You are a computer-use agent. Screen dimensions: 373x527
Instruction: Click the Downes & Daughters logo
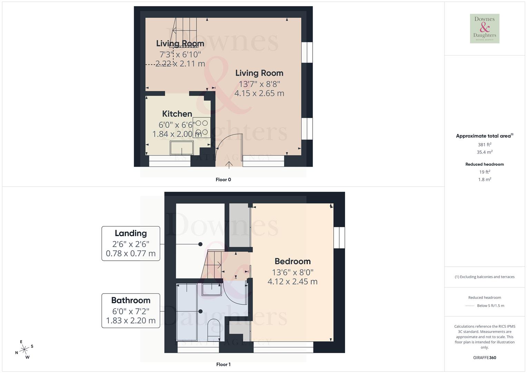coord(485,29)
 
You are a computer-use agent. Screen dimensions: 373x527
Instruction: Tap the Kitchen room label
coord(177,114)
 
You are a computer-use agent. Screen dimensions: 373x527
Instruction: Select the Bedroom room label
coord(293,261)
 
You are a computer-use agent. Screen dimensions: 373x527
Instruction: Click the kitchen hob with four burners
coord(202,127)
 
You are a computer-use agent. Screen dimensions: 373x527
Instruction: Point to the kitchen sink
coord(182,148)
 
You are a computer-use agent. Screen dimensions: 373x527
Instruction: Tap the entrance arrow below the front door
coord(229,164)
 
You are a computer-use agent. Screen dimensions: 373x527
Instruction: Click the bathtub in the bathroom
coord(187,312)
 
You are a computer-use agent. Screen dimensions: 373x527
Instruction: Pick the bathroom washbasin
coord(212,289)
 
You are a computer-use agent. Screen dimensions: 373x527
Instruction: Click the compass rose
coord(24,350)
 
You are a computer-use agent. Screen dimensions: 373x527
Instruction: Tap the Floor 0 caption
coord(223,180)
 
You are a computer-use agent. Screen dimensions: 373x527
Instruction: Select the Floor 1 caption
coord(223,364)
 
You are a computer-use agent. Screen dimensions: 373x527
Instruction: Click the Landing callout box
coord(131,243)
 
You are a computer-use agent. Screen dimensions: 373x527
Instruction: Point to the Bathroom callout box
coord(131,310)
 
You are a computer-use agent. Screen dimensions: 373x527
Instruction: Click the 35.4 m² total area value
coord(485,152)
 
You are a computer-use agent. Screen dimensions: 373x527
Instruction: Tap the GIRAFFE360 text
coord(485,358)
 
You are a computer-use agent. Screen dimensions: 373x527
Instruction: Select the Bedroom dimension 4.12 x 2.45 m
coord(293,281)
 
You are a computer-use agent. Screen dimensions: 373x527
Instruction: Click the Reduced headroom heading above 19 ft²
coord(485,164)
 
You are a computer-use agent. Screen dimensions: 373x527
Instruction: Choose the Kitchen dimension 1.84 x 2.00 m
coord(177,134)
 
